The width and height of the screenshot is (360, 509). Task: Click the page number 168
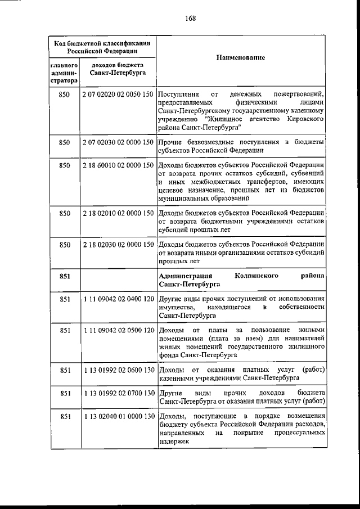click(x=190, y=18)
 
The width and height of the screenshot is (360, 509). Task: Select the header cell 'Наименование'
click(x=241, y=58)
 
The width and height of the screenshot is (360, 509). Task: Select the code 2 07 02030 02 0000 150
click(x=118, y=142)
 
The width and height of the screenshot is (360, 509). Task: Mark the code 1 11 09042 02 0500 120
click(x=118, y=330)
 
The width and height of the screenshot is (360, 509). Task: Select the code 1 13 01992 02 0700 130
click(x=118, y=392)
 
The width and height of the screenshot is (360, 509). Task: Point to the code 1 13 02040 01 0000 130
click(x=118, y=416)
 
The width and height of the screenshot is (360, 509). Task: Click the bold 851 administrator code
click(x=64, y=276)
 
